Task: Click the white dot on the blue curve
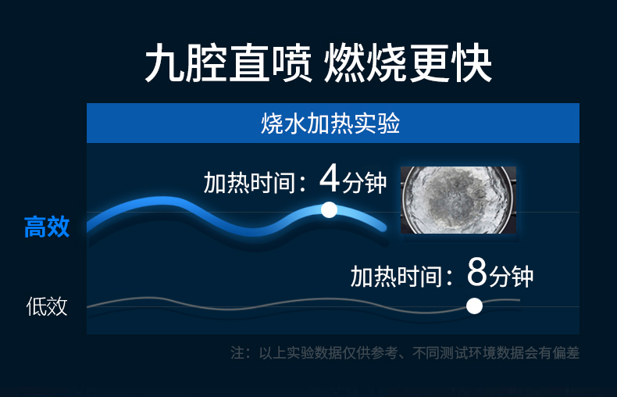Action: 329,210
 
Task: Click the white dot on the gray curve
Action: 474,306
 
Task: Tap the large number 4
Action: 330,178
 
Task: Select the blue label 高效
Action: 47,227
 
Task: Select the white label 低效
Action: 47,306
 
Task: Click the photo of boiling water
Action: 458,200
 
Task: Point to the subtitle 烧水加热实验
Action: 330,123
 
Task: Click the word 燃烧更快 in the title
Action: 408,63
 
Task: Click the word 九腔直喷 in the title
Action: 229,63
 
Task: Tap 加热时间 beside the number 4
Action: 249,183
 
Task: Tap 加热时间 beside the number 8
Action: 396,276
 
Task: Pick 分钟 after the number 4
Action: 365,183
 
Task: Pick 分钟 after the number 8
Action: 511,276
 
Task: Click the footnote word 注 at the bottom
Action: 237,353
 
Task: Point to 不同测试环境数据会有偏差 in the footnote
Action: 496,353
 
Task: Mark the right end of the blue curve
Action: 383,227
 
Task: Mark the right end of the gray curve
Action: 519,300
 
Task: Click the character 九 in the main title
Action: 166,63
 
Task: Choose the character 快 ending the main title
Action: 471,63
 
